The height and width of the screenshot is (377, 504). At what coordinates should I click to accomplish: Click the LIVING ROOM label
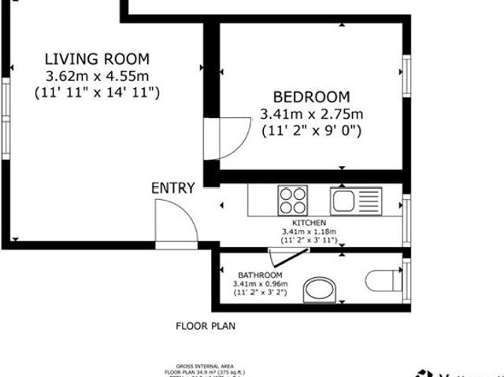coord(97,58)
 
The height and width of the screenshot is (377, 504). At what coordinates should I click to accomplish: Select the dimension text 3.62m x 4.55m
coord(97,76)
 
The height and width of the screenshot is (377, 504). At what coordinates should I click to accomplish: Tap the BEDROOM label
coord(310,97)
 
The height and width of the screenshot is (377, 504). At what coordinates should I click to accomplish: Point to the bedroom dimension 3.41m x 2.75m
coord(311,115)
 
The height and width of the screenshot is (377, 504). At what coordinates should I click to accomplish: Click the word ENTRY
coord(172,188)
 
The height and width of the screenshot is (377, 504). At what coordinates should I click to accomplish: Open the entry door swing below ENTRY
coord(174,221)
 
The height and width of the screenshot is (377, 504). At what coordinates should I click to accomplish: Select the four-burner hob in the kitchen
coord(293,200)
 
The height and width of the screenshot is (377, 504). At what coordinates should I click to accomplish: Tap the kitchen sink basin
coord(345,200)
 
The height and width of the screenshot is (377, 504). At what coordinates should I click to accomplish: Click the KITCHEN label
coord(309,223)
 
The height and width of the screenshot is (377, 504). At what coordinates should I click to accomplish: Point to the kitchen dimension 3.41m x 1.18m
coord(309,231)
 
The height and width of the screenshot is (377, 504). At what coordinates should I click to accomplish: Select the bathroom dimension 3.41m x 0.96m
coord(260,283)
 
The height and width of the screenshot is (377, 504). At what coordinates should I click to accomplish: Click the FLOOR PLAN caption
coord(205,325)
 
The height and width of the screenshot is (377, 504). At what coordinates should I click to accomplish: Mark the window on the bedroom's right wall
coord(407,75)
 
